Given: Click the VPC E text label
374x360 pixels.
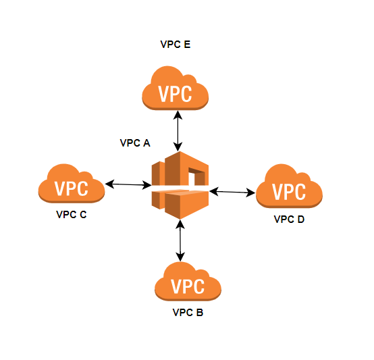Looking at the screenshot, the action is point(176,45).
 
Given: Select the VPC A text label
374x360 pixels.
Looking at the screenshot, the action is point(135,143).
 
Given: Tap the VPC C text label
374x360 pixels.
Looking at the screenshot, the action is point(72,215).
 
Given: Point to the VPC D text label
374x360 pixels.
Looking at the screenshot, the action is point(289,220).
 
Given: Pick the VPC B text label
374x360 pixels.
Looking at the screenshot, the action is point(188,312).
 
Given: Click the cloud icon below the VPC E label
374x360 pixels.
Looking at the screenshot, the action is point(176,88).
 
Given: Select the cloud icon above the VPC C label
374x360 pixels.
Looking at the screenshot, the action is point(72,183).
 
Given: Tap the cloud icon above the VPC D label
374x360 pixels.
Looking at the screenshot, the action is point(289,186).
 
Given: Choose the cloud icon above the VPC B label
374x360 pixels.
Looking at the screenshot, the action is point(188,281).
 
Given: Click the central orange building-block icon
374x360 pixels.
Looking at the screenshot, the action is point(180,185).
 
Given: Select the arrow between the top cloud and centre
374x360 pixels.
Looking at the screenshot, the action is point(178,131).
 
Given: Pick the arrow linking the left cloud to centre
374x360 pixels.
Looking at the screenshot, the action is point(128,184).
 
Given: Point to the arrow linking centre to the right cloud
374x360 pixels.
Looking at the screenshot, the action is point(232,192).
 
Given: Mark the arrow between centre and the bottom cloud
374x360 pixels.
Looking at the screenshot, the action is point(180,240).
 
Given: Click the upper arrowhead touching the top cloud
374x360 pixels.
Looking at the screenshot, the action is point(178,115).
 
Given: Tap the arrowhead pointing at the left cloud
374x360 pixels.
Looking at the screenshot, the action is point(109,184).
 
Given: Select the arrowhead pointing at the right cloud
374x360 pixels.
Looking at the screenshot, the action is point(251,192).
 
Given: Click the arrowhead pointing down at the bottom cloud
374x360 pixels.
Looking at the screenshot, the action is point(180,257).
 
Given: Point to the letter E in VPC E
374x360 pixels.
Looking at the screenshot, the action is point(187,45).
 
